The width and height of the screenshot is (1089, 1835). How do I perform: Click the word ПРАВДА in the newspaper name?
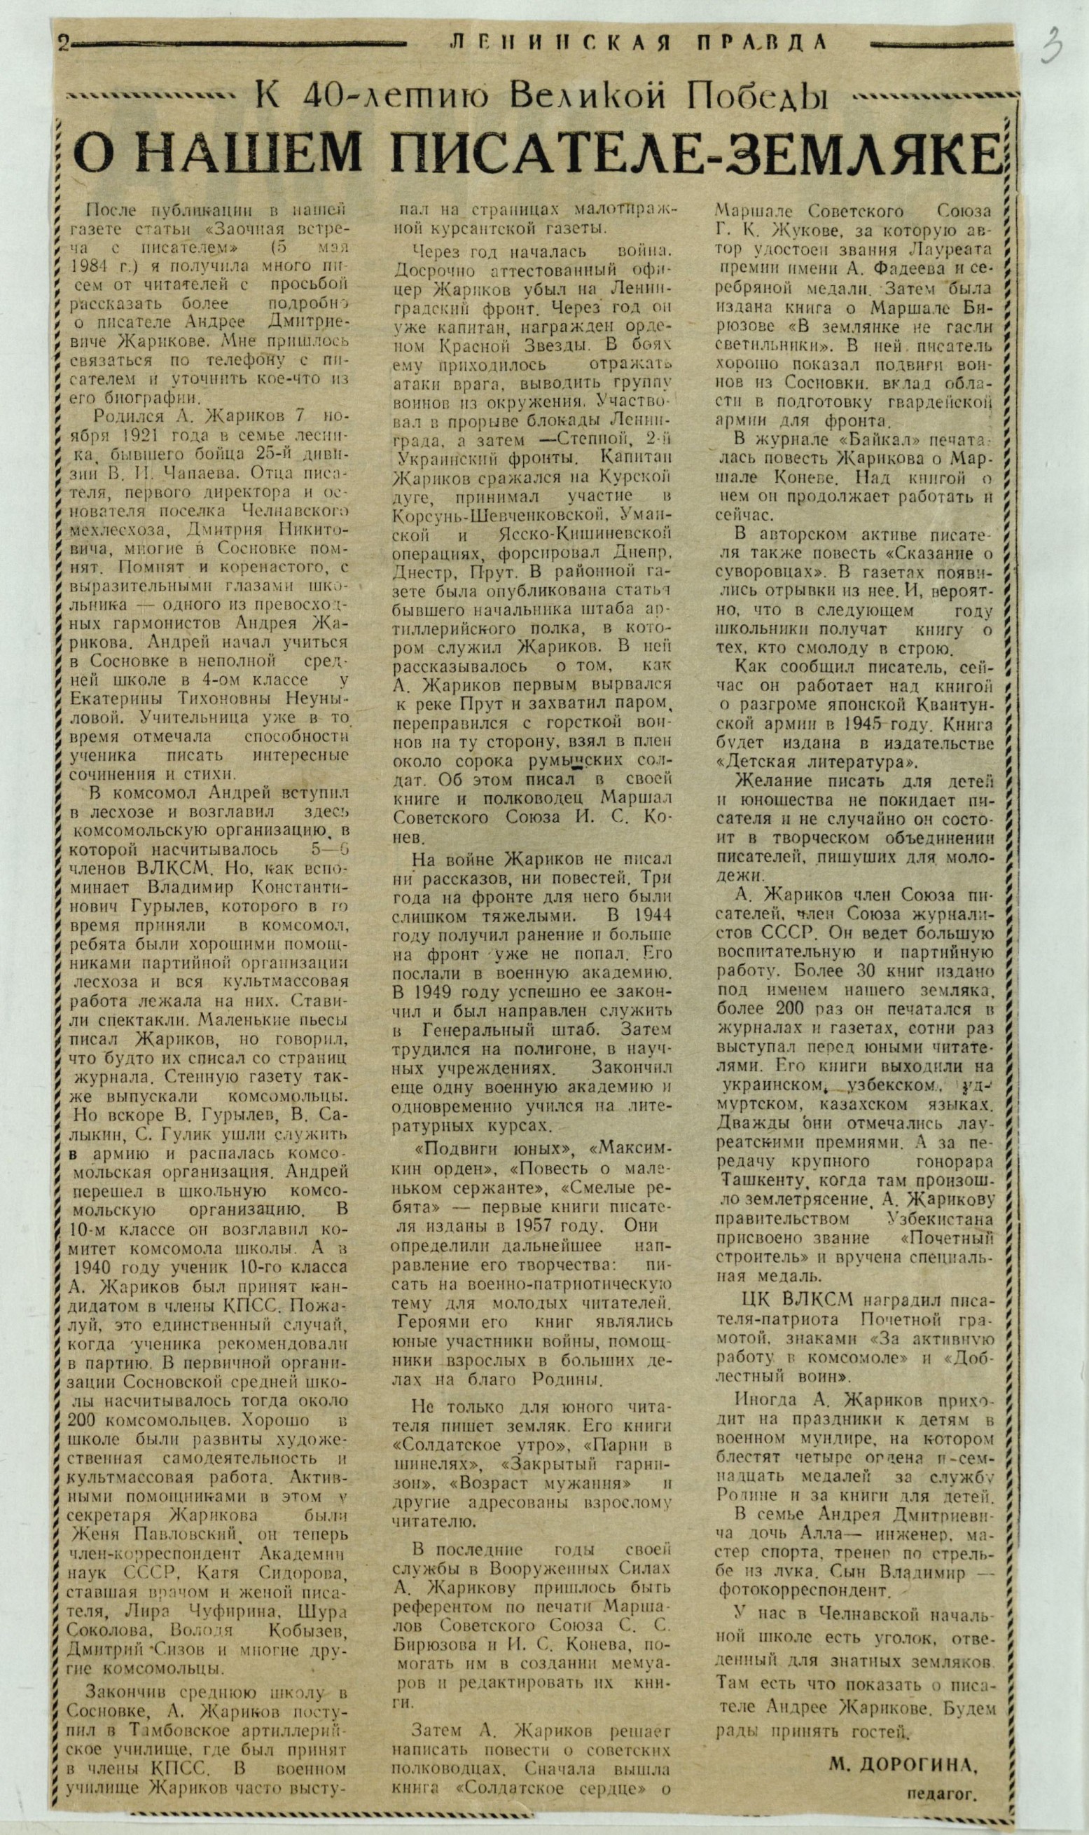(762, 43)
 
